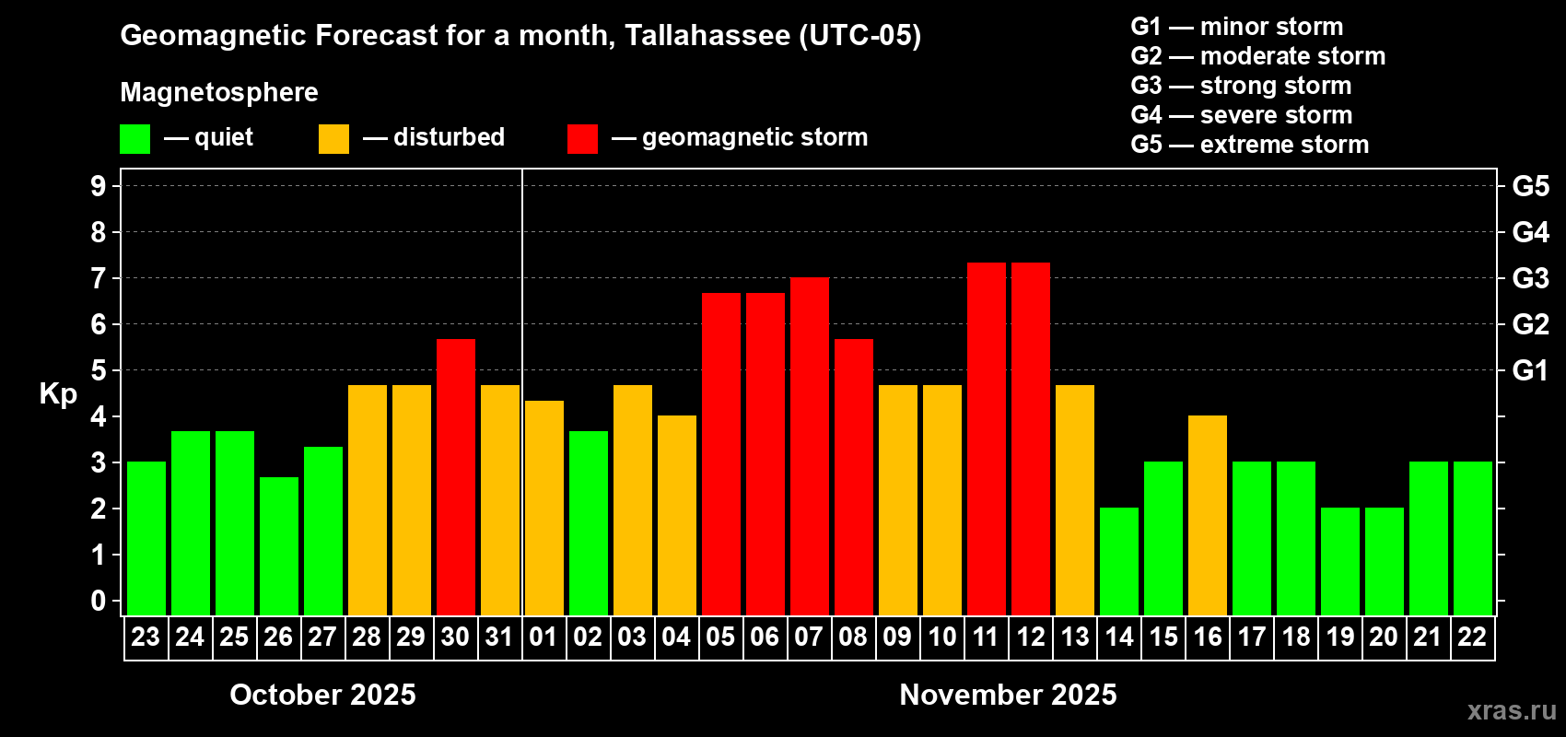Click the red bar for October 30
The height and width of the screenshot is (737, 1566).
tap(456, 477)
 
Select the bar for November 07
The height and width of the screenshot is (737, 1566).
tap(810, 447)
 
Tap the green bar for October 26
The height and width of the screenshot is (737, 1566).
tap(279, 546)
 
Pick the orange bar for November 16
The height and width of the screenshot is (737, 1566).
tap(1208, 516)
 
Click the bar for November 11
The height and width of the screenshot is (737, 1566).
tap(987, 439)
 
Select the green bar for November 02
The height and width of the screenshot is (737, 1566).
tap(589, 523)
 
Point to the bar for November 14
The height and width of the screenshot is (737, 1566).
tap(1119, 562)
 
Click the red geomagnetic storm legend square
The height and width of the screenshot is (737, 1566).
tap(582, 139)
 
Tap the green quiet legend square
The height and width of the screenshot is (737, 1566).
tap(134, 139)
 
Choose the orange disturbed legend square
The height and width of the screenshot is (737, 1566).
tap(333, 139)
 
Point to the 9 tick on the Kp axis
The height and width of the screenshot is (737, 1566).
tap(99, 186)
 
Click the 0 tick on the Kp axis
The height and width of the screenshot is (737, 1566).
tap(99, 602)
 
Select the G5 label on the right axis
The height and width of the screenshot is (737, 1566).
tap(1530, 186)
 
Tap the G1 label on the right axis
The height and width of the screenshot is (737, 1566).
tap(1530, 370)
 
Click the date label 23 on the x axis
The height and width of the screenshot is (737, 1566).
tap(146, 637)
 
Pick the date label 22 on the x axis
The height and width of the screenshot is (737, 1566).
tap(1472, 637)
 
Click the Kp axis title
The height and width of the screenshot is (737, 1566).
tap(58, 394)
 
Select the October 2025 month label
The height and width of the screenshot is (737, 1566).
tap(322, 695)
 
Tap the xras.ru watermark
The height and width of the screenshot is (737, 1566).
tap(1512, 710)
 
